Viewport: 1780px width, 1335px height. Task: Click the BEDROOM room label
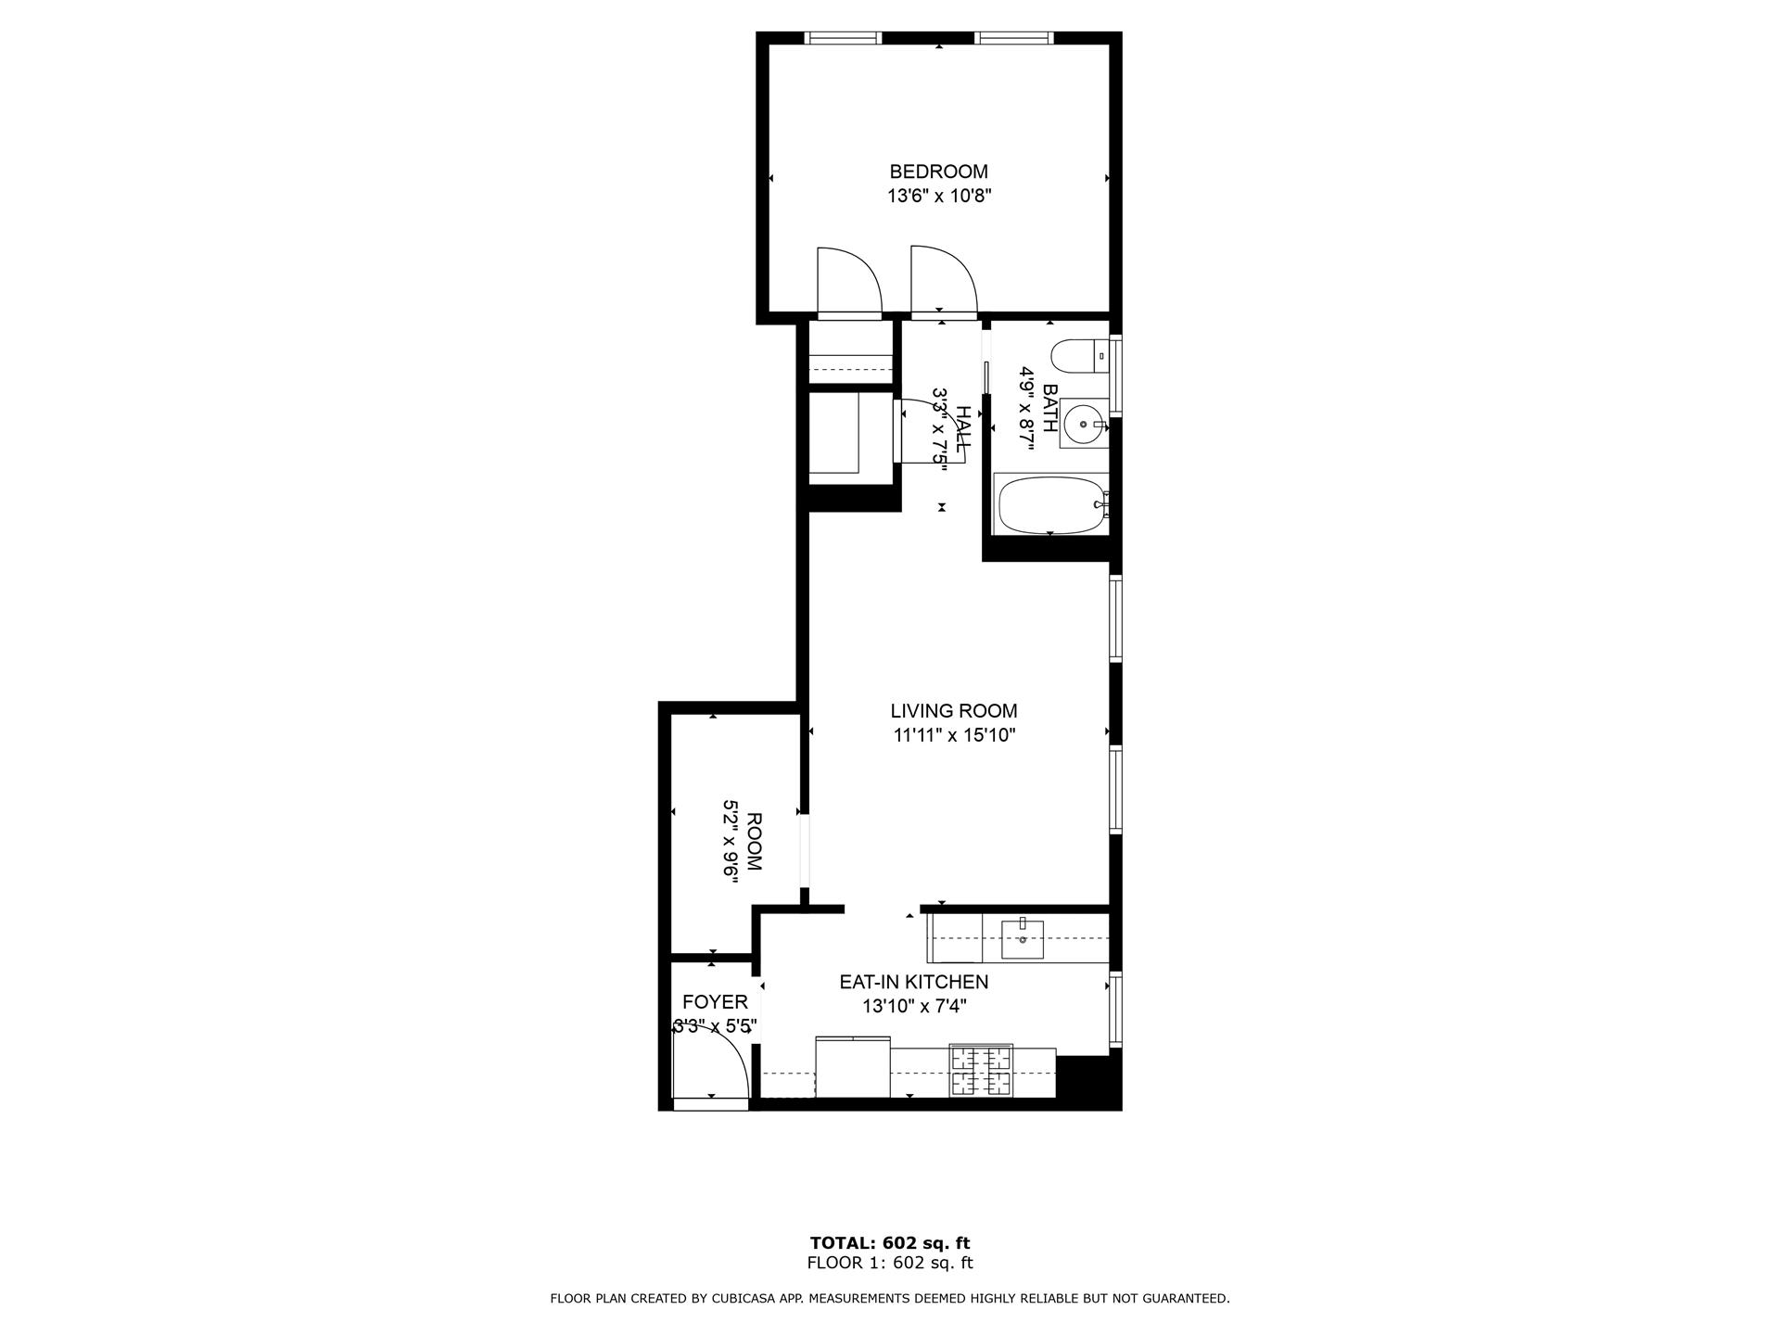938,172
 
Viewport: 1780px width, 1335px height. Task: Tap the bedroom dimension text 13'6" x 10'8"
938,197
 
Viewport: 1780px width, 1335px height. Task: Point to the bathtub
1049,505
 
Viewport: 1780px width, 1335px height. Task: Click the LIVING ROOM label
953,711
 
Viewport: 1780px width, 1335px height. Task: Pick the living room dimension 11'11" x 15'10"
953,736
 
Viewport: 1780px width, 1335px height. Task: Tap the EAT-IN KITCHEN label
913,982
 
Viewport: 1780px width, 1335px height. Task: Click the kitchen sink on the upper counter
1022,939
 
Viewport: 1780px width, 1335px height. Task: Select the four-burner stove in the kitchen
980,1071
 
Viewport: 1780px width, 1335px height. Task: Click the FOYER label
715,1002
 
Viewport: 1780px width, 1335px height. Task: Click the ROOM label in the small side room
754,842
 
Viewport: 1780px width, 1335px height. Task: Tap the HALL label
965,429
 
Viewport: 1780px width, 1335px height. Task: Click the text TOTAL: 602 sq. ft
889,1243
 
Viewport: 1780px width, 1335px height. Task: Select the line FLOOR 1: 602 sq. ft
889,1263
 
